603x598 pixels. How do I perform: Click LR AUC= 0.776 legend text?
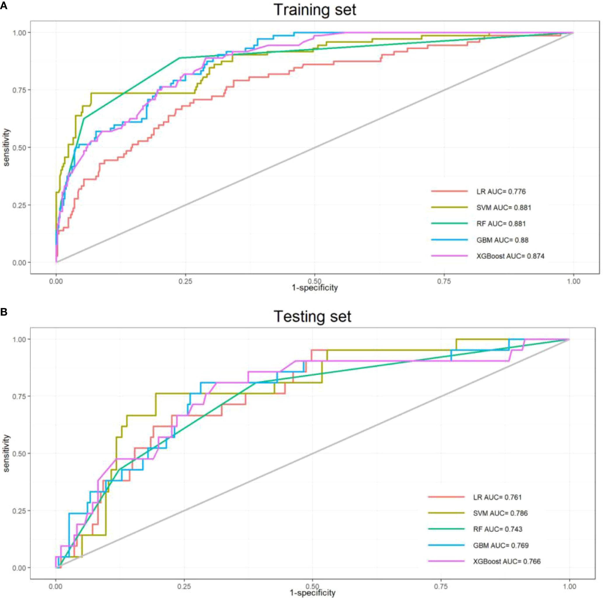(x=501, y=191)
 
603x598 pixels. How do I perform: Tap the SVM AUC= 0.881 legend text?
(x=503, y=208)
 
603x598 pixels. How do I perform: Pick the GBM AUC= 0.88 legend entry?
(x=502, y=240)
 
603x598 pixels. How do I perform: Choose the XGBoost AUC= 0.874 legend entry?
(x=510, y=256)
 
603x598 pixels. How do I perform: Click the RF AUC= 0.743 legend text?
(x=498, y=529)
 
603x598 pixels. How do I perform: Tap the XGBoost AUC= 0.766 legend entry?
(x=507, y=561)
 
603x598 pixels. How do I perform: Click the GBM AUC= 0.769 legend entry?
(x=501, y=546)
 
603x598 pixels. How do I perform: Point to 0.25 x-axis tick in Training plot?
(x=185, y=282)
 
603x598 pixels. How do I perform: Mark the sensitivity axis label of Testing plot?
(x=7, y=453)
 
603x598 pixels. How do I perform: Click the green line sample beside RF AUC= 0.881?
(x=449, y=224)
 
